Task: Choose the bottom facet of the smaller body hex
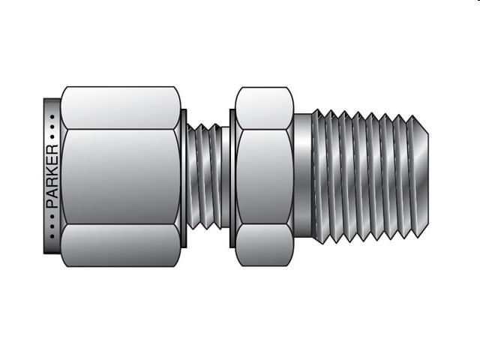[263, 248]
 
